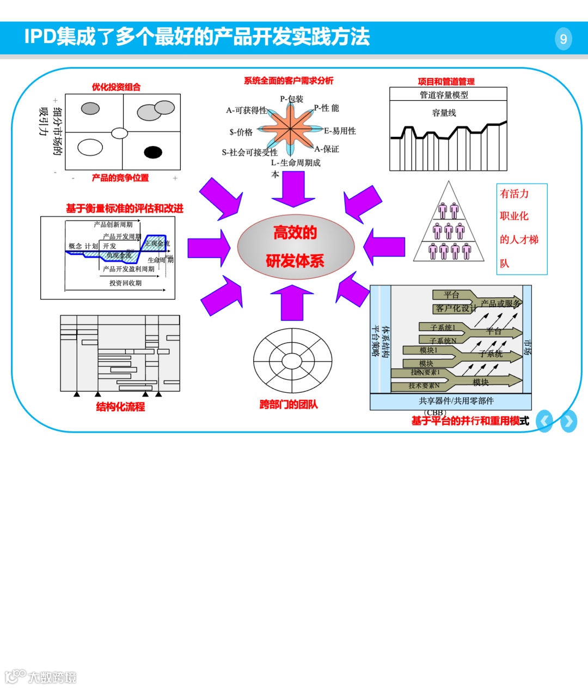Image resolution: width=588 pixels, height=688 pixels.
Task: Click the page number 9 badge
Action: [x=563, y=39]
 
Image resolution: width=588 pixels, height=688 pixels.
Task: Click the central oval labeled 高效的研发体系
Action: [x=296, y=247]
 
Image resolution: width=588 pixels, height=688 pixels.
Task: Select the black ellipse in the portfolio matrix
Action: [x=153, y=152]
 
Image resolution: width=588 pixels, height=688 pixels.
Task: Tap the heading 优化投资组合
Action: [x=116, y=87]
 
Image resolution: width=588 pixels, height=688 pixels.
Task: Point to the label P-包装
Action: [x=291, y=99]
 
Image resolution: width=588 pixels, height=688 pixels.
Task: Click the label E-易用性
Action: [x=340, y=131]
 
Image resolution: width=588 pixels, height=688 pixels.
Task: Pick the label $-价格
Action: [x=241, y=132]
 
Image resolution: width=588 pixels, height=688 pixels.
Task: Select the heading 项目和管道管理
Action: [x=446, y=82]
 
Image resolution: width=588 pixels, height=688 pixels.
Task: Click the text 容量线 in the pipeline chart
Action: [x=444, y=113]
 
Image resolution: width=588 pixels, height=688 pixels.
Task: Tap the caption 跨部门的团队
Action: [x=288, y=404]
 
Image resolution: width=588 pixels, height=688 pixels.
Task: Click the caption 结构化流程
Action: [x=120, y=406]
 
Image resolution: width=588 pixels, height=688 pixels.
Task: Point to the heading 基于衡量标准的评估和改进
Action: [x=125, y=209]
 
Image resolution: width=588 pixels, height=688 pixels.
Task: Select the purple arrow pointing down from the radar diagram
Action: [x=293, y=188]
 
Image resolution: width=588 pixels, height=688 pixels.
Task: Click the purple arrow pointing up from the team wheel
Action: [x=292, y=302]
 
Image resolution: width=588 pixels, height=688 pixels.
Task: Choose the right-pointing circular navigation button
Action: [x=568, y=421]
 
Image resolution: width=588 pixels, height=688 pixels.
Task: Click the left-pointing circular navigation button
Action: [x=544, y=421]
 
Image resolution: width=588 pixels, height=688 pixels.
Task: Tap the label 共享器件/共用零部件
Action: [x=456, y=401]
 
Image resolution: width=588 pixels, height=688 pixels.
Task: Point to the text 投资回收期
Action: [x=125, y=283]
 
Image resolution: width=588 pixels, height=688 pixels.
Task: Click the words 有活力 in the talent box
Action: [x=514, y=194]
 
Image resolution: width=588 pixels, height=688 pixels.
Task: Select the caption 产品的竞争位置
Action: [x=120, y=178]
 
